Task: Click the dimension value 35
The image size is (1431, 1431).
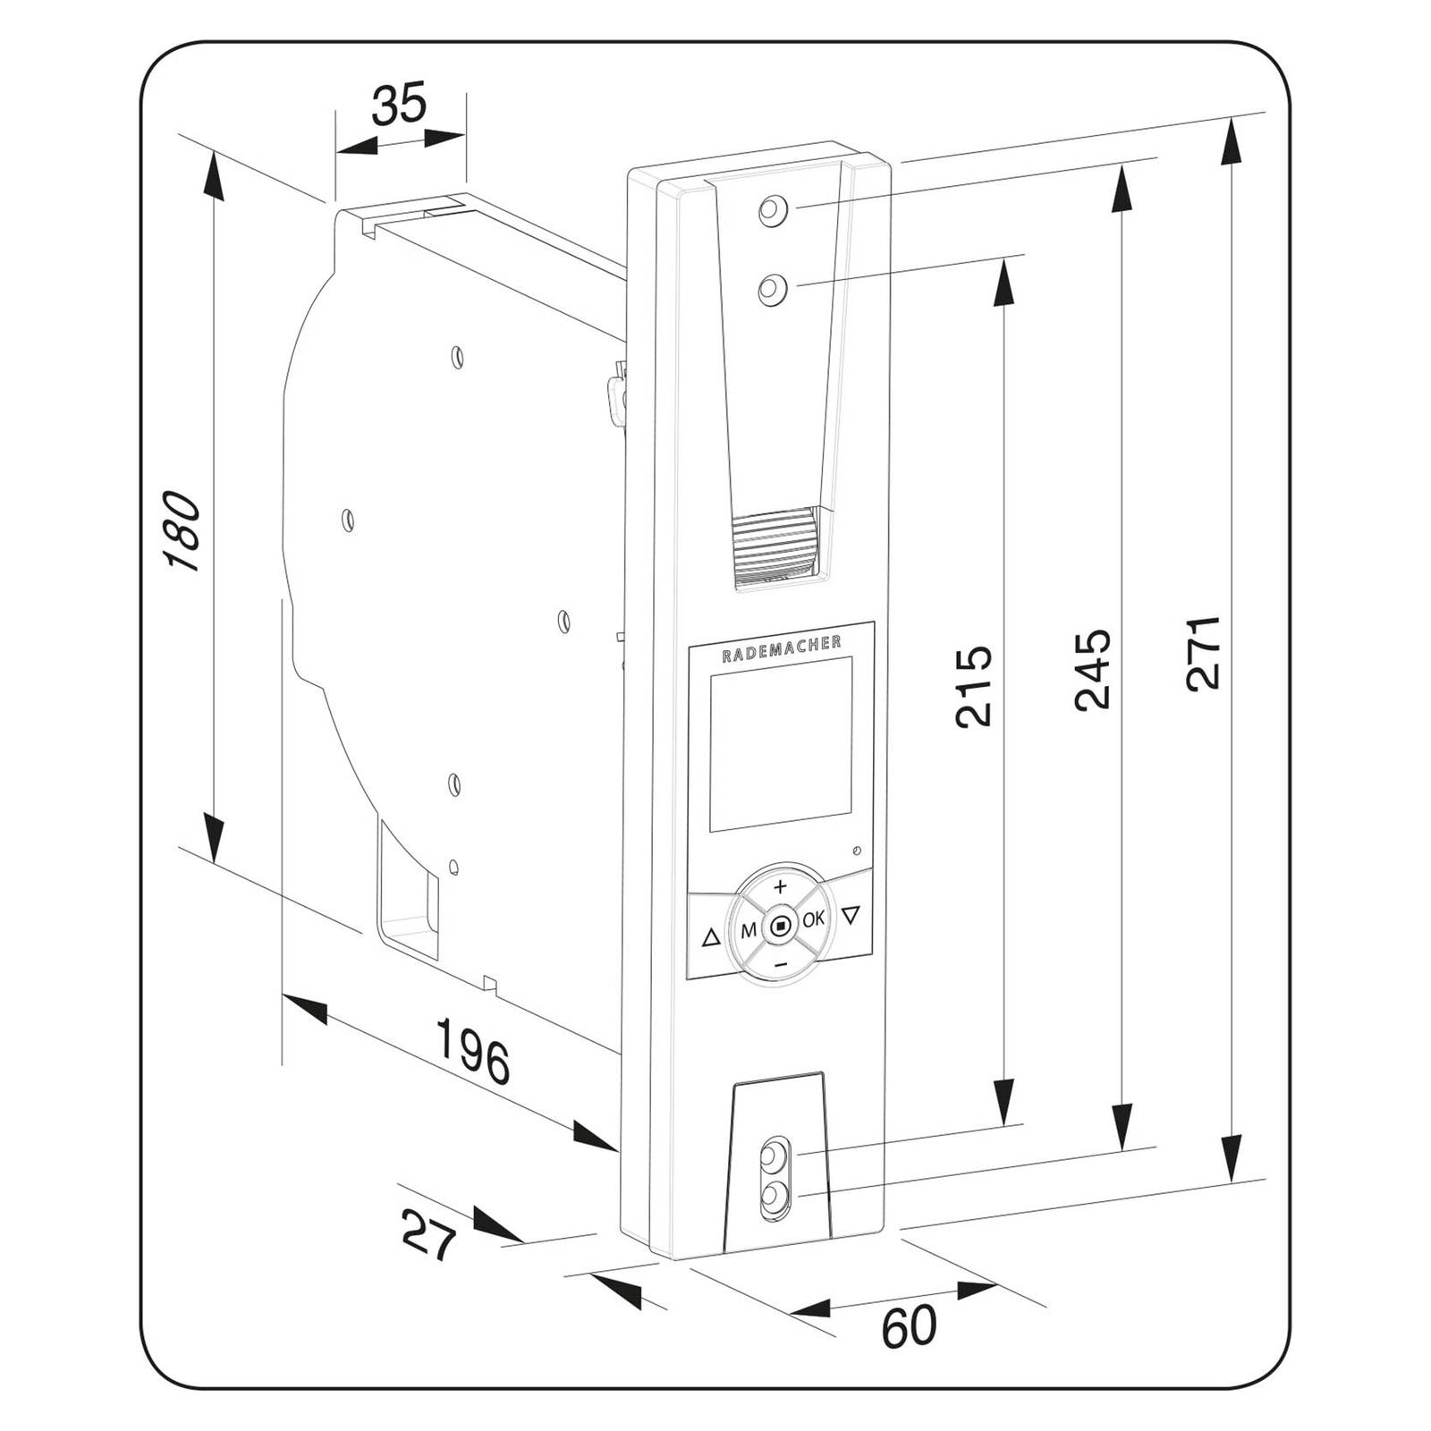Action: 399,105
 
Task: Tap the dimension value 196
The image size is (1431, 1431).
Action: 472,1050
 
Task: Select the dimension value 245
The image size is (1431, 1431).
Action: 1093,669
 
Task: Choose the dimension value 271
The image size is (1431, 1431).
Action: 1204,652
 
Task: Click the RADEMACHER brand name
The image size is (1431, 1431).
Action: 781,648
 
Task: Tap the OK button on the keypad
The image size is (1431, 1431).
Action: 813,919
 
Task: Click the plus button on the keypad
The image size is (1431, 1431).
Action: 780,887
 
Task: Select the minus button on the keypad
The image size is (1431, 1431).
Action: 780,964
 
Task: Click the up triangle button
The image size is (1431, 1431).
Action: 711,937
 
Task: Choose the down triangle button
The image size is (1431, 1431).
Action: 851,915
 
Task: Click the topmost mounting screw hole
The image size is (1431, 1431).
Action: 771,212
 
